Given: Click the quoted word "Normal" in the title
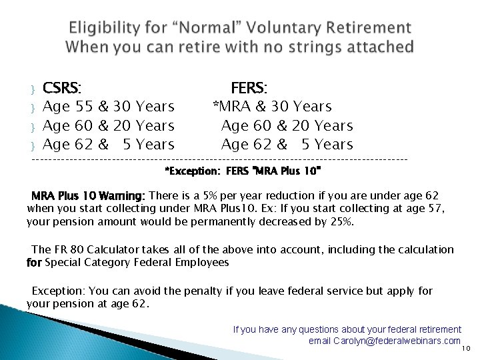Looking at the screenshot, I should (214, 28).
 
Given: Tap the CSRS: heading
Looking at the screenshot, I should (63, 87).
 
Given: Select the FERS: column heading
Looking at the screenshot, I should (249, 87).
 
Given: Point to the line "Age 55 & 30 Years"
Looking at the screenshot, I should (109, 107).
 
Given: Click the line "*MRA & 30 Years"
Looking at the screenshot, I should (272, 107).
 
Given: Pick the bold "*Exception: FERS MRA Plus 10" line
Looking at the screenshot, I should (243, 171).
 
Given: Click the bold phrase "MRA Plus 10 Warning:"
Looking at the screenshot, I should (88, 196).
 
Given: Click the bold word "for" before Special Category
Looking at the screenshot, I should (34, 263).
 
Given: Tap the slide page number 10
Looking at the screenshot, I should (466, 348).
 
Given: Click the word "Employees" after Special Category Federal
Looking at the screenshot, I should (203, 263).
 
